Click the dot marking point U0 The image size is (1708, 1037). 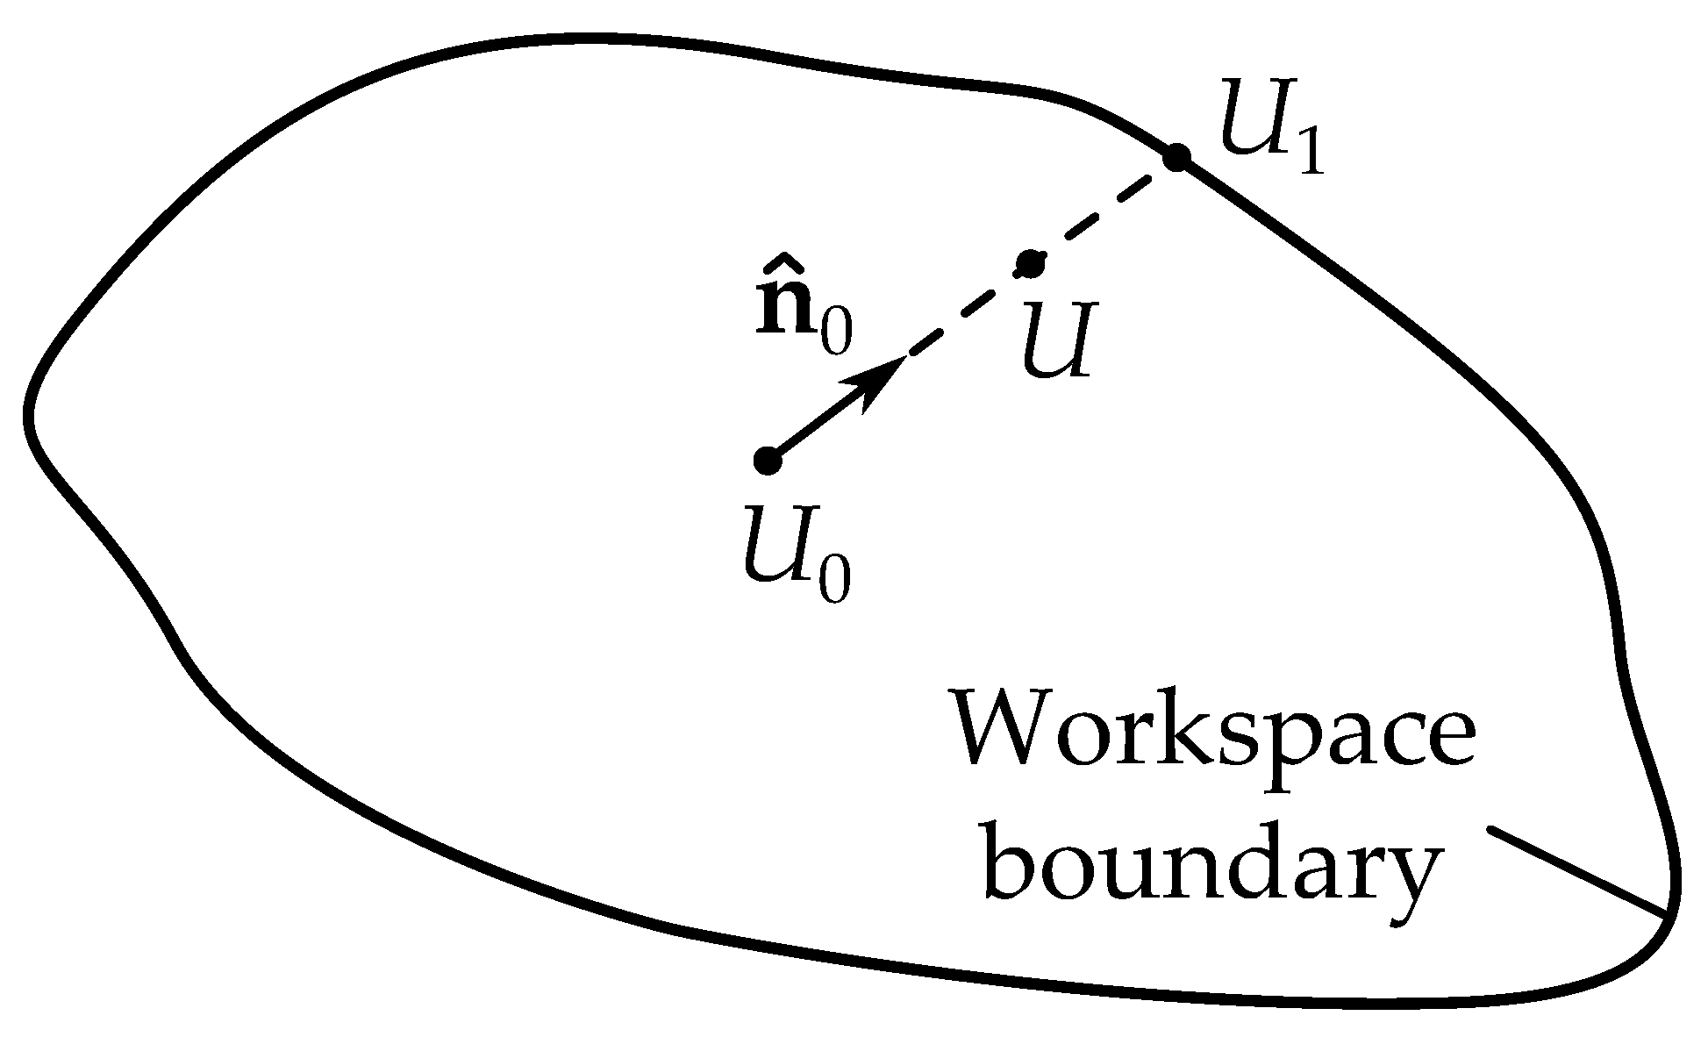pyautogui.click(x=768, y=460)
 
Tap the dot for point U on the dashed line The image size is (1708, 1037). pyautogui.click(x=1030, y=262)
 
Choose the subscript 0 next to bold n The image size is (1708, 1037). pyautogui.click(x=836, y=337)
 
